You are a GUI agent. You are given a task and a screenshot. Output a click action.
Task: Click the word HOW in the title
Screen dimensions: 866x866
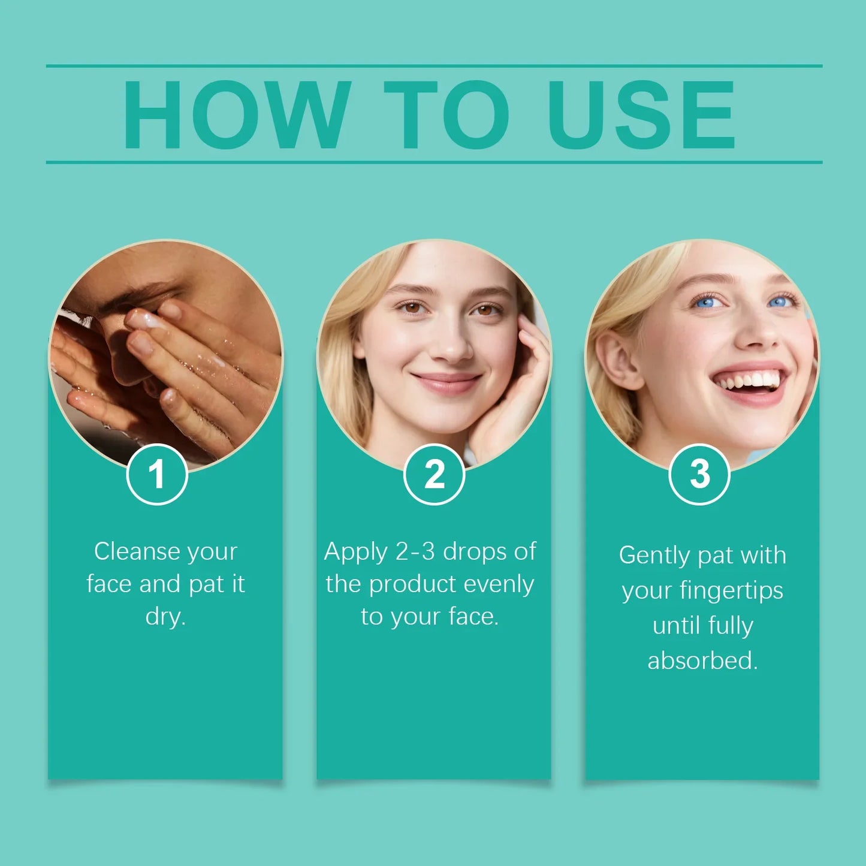(237, 114)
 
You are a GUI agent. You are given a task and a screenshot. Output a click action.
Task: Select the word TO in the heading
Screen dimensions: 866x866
(447, 114)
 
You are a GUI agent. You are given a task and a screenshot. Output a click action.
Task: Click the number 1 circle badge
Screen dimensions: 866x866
(157, 474)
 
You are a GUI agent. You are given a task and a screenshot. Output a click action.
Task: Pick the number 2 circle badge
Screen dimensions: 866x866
(434, 474)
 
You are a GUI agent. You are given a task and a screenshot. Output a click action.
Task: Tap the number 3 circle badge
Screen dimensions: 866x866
(699, 474)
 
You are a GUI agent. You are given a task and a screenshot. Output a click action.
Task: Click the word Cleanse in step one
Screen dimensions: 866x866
(137, 551)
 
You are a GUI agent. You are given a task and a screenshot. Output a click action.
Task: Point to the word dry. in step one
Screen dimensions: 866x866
(165, 617)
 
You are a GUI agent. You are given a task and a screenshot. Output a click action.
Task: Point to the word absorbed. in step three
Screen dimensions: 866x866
(702, 660)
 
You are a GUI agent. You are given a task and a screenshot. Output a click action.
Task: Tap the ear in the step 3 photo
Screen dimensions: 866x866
(619, 360)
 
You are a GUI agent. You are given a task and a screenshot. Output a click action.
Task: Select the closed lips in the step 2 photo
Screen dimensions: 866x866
(446, 382)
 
